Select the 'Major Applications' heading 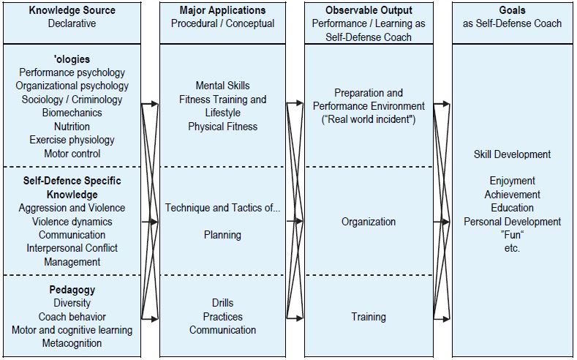click(222, 10)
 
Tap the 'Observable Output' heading click(369, 10)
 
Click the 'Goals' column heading click(512, 10)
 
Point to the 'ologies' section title click(72, 59)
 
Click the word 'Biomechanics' click(72, 113)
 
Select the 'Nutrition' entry click(72, 127)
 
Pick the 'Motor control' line click(72, 154)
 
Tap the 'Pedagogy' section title click(72, 290)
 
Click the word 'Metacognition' click(72, 343)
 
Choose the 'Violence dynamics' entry click(72, 222)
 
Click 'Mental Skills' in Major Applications click(222, 86)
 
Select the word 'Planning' click(222, 235)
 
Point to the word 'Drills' click(222, 303)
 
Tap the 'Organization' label click(369, 222)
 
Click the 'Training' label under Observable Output click(369, 317)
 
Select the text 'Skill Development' click(512, 154)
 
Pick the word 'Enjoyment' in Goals click(512, 181)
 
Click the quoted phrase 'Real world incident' click(369, 119)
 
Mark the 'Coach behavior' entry click(72, 317)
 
